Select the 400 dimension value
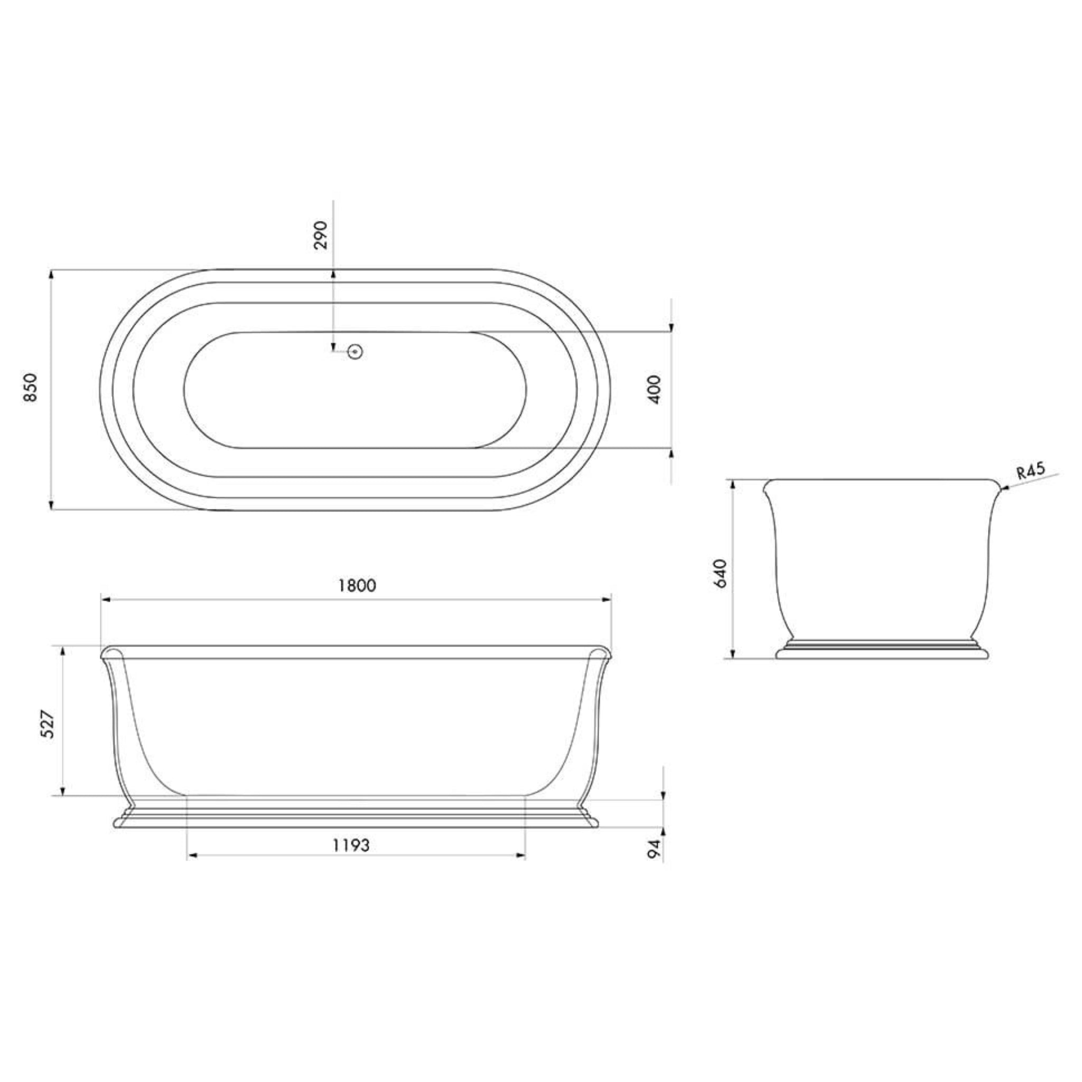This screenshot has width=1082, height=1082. point(654,389)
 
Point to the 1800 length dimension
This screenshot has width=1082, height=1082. point(357,585)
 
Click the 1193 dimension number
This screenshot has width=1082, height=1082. point(352,845)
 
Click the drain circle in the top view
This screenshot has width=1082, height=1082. point(355,352)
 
